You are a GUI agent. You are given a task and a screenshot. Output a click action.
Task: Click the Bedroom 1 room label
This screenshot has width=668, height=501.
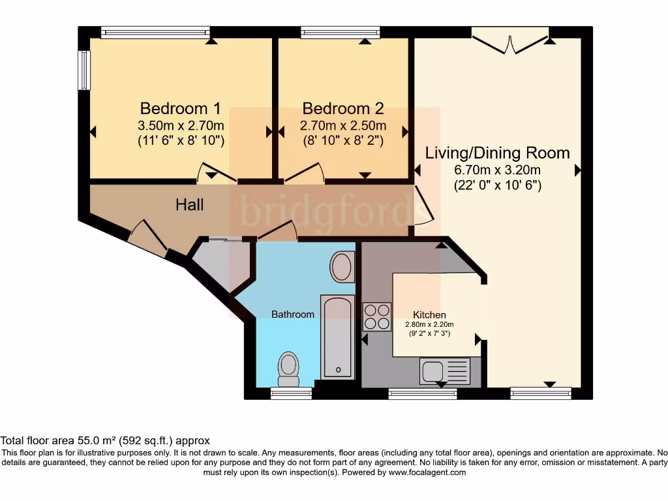click(181, 108)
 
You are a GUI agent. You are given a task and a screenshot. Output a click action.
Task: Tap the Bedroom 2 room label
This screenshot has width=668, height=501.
click(343, 108)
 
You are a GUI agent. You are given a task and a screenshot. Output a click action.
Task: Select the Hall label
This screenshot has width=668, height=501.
click(190, 205)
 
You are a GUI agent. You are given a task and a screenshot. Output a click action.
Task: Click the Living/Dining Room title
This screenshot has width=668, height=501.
click(498, 153)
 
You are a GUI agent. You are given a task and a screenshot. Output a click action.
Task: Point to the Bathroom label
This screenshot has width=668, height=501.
click(293, 314)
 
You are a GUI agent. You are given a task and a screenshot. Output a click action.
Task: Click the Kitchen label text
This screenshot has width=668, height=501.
click(429, 315)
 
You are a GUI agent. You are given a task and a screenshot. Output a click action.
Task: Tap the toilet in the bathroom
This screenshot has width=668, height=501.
click(288, 369)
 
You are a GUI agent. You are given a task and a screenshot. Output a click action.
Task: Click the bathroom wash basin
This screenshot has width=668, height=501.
click(342, 267)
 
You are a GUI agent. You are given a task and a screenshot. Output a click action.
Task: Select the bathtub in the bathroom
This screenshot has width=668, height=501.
click(338, 337)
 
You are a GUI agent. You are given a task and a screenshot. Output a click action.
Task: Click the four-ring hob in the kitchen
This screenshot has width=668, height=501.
click(377, 316)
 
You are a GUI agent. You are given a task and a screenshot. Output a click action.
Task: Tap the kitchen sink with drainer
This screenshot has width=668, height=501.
click(445, 371)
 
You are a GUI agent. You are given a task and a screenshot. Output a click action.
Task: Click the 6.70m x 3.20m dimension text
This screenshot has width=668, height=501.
click(498, 170)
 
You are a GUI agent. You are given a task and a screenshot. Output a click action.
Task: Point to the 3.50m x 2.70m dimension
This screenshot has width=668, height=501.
click(181, 126)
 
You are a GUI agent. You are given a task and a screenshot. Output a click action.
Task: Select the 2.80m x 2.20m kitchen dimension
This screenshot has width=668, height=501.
click(429, 325)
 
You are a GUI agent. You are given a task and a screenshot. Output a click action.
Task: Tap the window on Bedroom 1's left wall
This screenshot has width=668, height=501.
click(85, 70)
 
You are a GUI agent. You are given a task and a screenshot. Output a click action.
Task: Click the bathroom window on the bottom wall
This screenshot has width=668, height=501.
click(292, 393)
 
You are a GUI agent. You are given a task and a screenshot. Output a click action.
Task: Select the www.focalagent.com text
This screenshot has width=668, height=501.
click(427, 472)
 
